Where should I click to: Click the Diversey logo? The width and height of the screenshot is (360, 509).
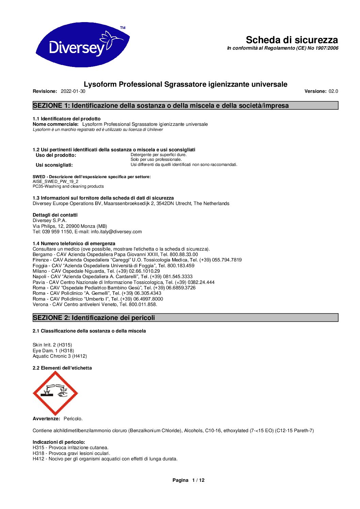coord(82,45)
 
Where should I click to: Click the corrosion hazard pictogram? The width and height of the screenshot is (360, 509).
coord(55,393)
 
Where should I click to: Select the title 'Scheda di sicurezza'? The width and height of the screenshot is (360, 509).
coord(292,40)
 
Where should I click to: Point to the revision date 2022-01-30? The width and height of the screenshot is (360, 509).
coord(73,91)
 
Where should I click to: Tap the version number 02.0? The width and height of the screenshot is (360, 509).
coord(333,91)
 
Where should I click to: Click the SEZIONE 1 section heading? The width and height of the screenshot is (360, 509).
coord(161,106)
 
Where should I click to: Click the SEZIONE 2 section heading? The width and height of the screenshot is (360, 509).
coord(94,318)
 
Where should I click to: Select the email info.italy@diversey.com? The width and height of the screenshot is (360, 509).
coord(116,232)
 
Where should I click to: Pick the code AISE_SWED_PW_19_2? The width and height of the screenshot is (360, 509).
coord(55,182)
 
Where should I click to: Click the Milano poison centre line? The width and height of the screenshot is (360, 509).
coord(96,271)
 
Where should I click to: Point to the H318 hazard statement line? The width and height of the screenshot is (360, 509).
coord(71,453)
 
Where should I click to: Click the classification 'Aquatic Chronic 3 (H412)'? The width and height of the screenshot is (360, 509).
coord(60,356)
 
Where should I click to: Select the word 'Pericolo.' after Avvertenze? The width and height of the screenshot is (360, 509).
coord(73,419)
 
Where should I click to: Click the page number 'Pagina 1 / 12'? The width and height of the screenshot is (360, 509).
coord(188,480)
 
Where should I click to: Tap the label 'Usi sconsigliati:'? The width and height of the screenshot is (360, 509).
coord(54,165)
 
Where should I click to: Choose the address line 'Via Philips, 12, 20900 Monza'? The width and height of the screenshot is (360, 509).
coord(70,226)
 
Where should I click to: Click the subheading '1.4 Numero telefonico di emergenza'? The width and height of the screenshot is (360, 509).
coord(74,243)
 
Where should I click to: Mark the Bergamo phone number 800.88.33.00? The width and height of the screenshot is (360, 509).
coord(184,254)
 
